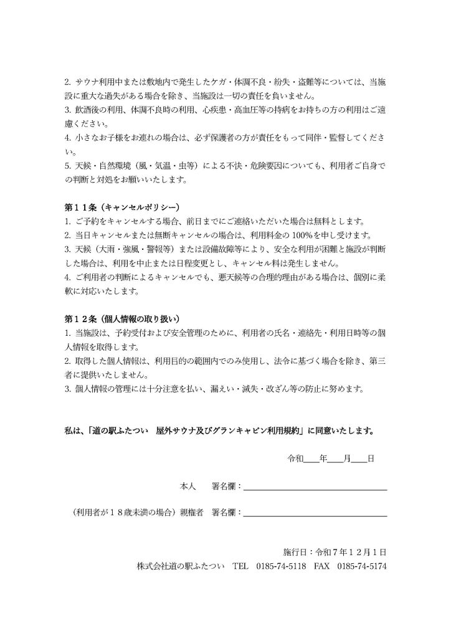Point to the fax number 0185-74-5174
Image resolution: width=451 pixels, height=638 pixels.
pos(362,566)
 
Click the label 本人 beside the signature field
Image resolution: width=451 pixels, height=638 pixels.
pos(188,485)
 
